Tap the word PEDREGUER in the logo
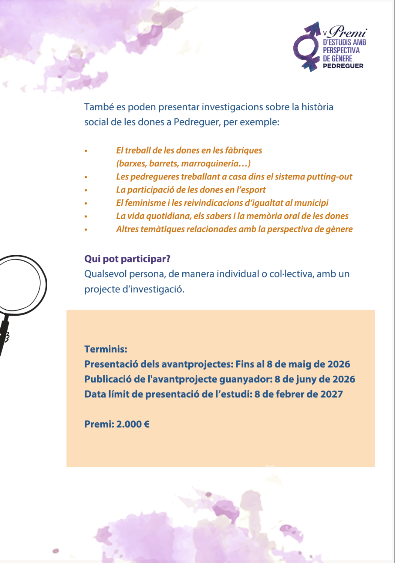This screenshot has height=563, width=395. click(x=343, y=66)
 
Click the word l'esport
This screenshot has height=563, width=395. click(x=251, y=190)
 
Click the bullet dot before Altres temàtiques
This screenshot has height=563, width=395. click(x=86, y=229)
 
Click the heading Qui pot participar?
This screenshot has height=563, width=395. click(x=127, y=259)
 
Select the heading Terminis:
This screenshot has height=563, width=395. click(x=106, y=349)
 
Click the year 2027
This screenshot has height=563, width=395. click(x=331, y=394)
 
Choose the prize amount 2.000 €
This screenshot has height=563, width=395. click(x=133, y=425)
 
